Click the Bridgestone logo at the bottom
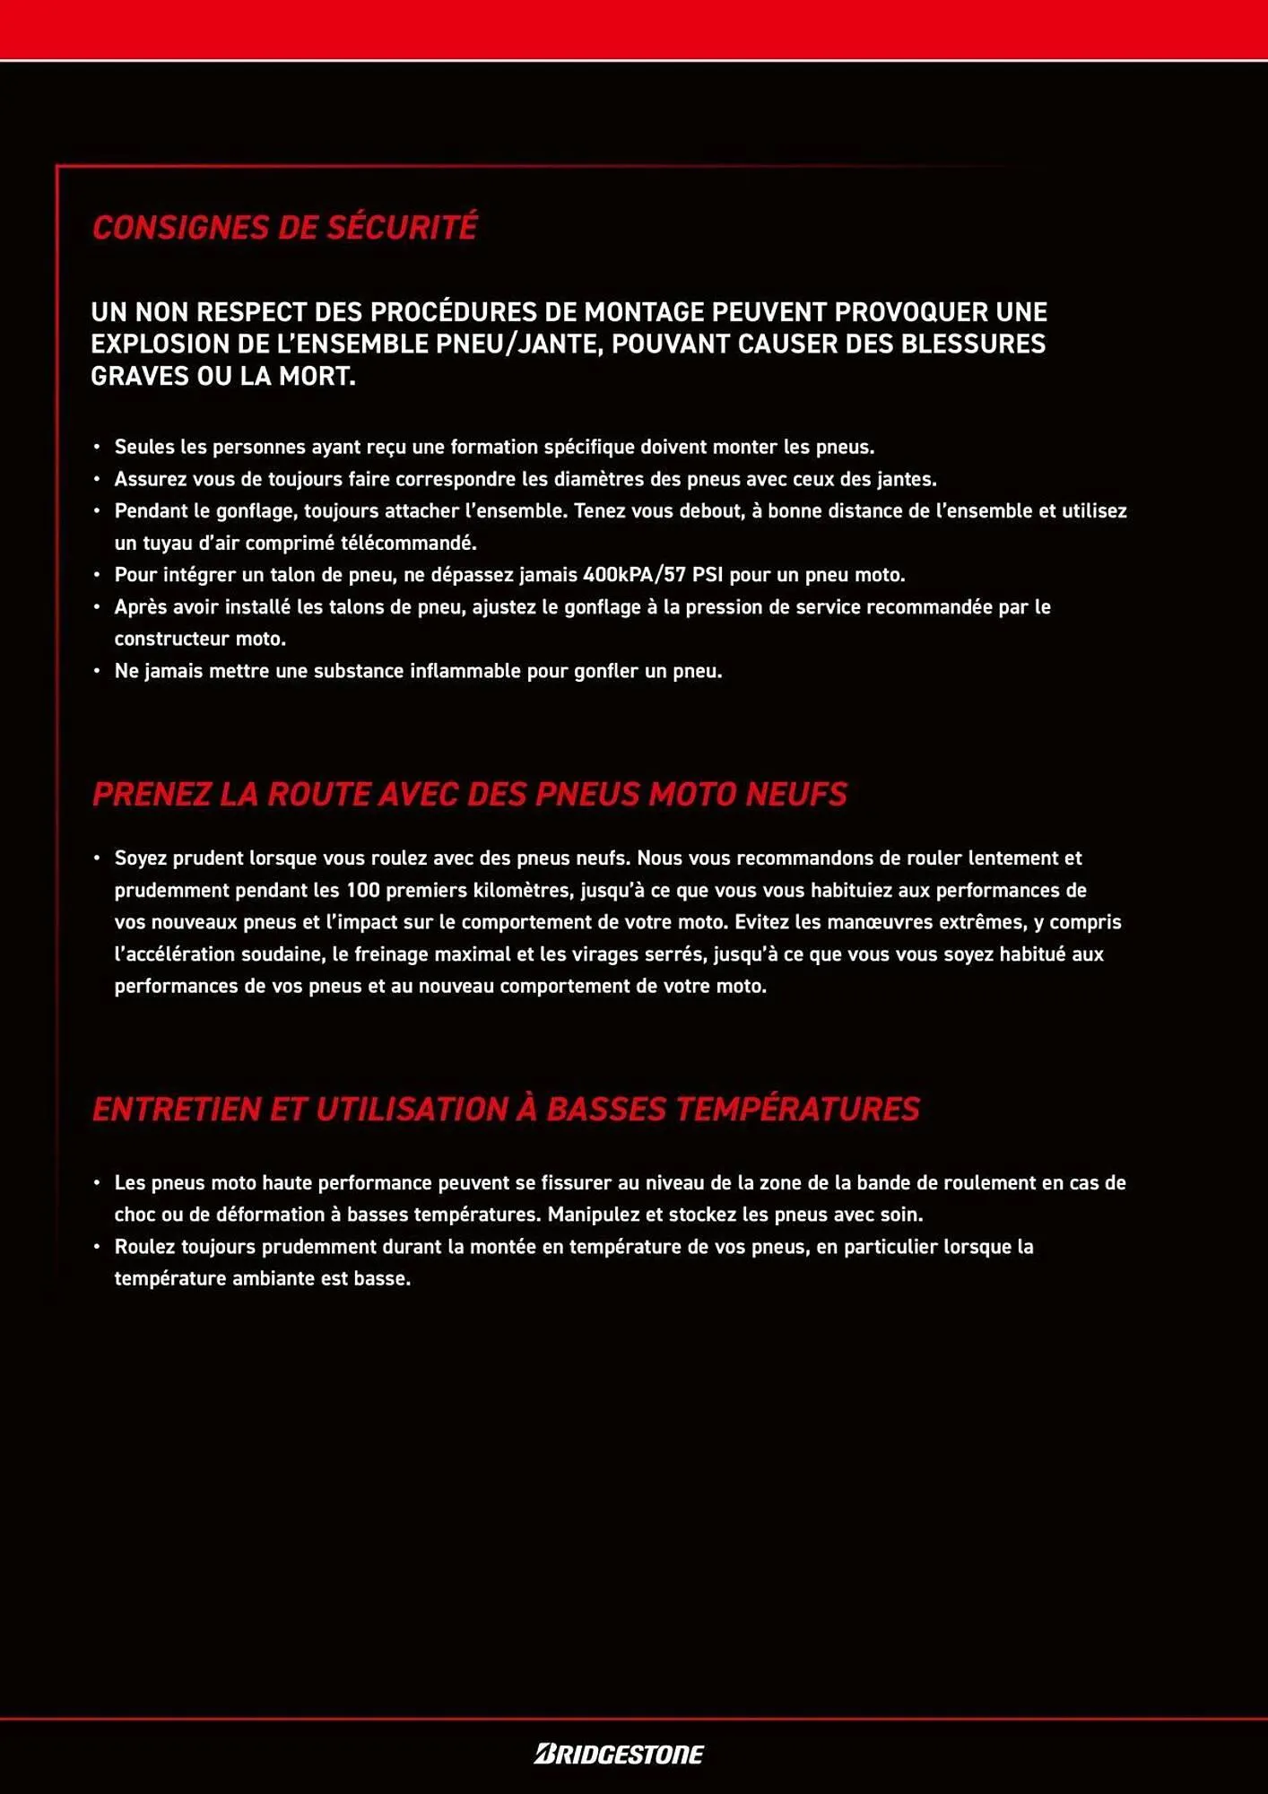point(619,1754)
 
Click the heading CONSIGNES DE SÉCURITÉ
point(284,228)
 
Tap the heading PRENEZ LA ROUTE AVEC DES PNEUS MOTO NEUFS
point(469,794)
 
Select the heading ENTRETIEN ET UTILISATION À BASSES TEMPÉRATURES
point(506,1109)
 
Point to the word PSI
point(708,575)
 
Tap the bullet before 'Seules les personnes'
point(97,447)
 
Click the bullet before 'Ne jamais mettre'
point(97,672)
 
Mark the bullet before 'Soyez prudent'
point(97,858)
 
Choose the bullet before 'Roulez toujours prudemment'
point(97,1247)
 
